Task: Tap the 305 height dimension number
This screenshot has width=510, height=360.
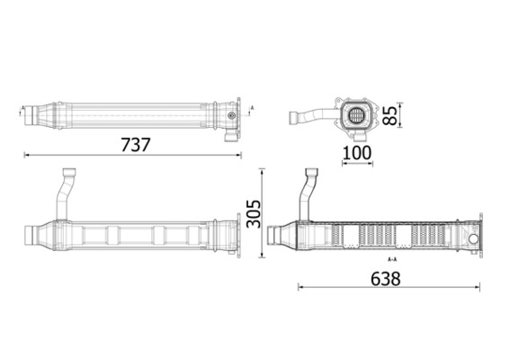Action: (254, 213)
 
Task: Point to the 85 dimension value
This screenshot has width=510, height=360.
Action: (389, 116)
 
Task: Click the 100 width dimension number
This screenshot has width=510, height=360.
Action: (357, 153)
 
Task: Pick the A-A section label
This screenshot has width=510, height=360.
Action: (391, 259)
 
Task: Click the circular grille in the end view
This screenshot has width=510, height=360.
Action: (357, 115)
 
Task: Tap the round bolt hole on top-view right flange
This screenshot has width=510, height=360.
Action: (232, 115)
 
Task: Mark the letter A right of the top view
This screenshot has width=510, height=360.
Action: (253, 109)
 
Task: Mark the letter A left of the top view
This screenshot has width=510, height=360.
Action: (20, 109)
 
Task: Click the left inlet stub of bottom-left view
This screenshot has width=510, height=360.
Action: (36, 237)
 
